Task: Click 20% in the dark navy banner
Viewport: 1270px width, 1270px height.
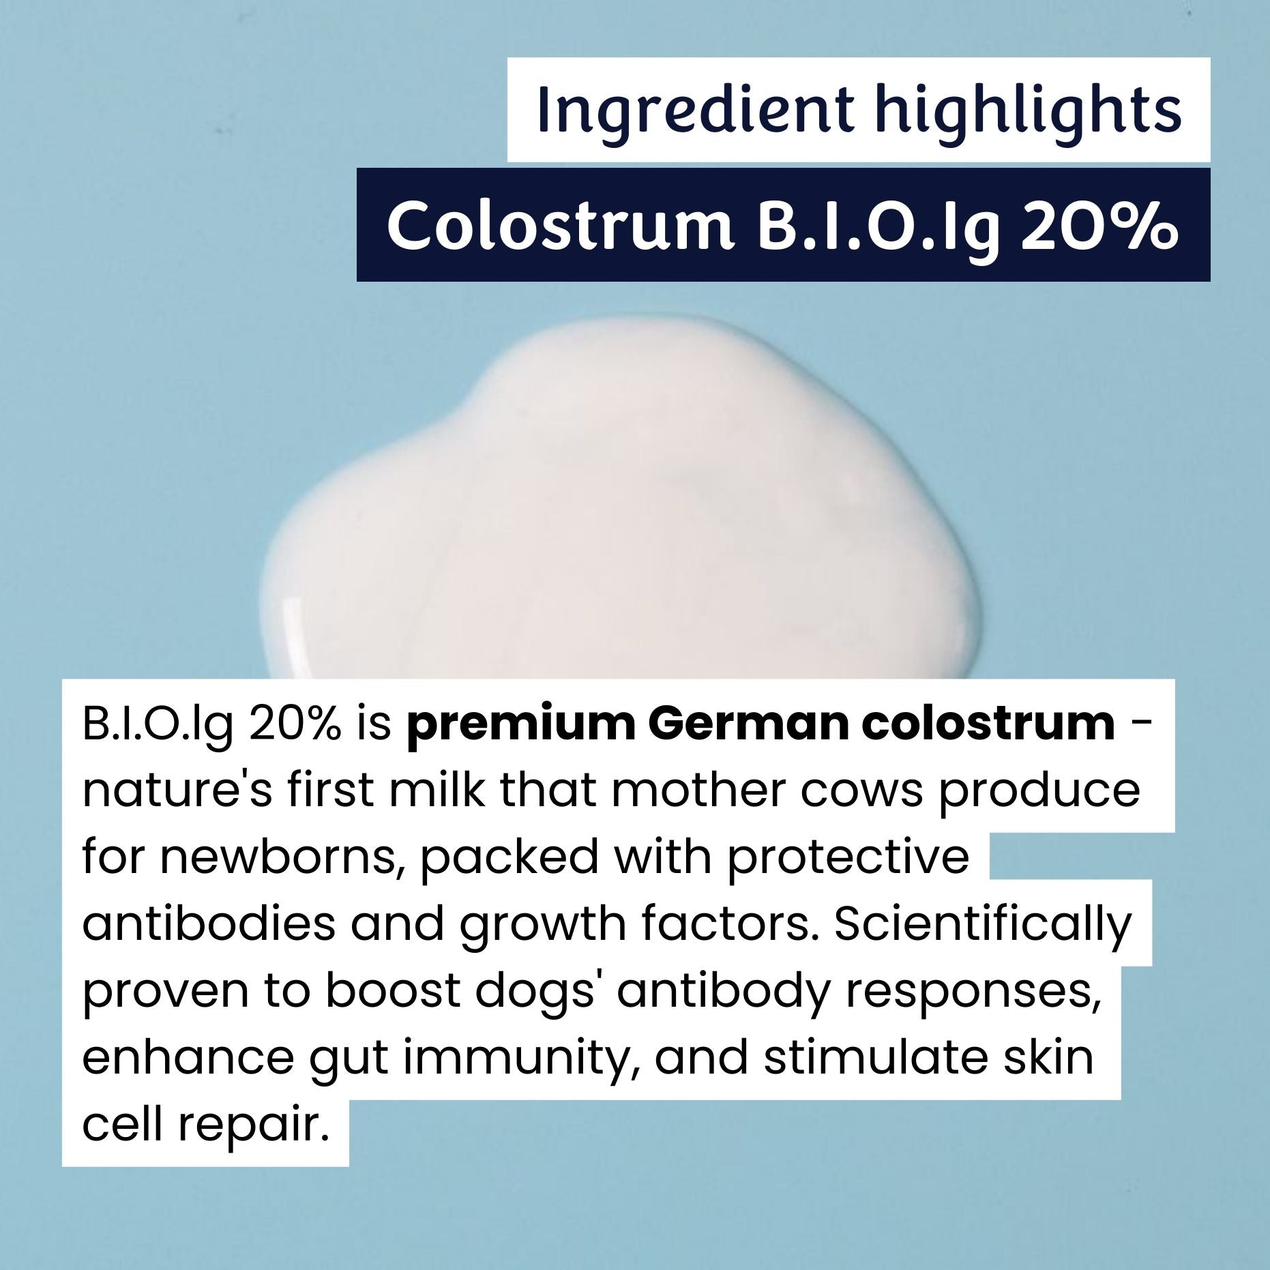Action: [x=1099, y=226]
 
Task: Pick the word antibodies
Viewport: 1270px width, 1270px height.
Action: [x=209, y=924]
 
